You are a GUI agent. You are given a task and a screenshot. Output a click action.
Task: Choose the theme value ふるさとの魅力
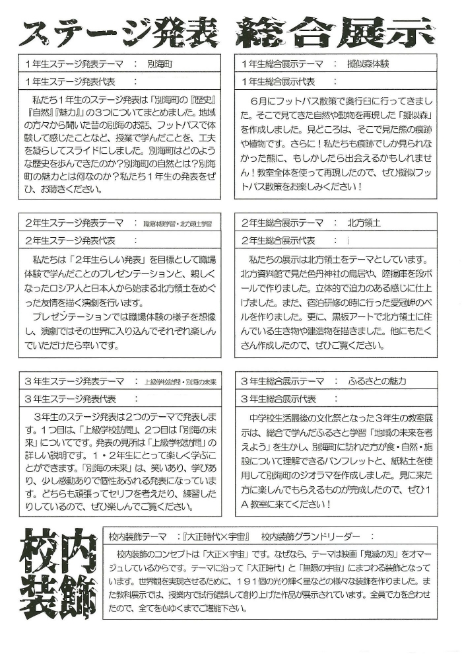click(378, 382)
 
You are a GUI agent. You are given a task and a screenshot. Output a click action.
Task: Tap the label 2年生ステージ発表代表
click(69, 240)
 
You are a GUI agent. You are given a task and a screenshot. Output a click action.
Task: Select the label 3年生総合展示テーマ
click(282, 382)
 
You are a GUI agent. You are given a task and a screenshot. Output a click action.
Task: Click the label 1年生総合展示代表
click(279, 81)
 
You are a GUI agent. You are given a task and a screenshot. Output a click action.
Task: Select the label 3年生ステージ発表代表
click(69, 399)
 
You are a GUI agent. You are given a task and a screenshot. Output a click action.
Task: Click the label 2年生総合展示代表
click(279, 240)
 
